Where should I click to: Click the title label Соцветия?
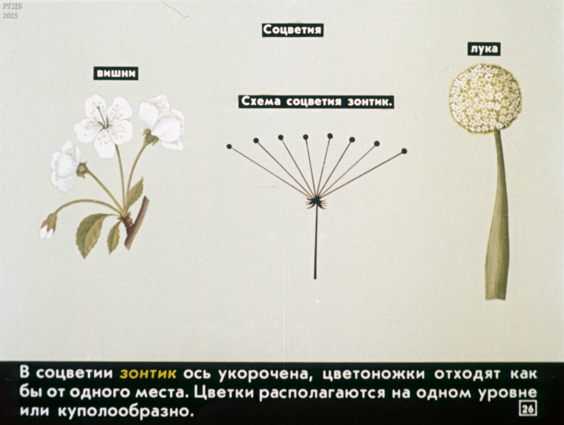(x=292, y=30)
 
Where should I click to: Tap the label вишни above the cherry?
(x=116, y=74)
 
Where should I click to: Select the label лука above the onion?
(x=484, y=49)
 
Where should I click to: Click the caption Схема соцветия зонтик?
(x=316, y=102)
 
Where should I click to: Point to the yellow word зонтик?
(x=148, y=374)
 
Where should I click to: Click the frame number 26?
(x=528, y=409)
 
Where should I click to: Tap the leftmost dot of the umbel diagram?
(x=229, y=146)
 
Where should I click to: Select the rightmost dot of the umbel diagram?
(x=404, y=151)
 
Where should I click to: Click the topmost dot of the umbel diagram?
(x=330, y=135)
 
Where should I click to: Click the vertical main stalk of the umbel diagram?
(x=315, y=244)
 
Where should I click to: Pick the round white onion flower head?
(x=485, y=98)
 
